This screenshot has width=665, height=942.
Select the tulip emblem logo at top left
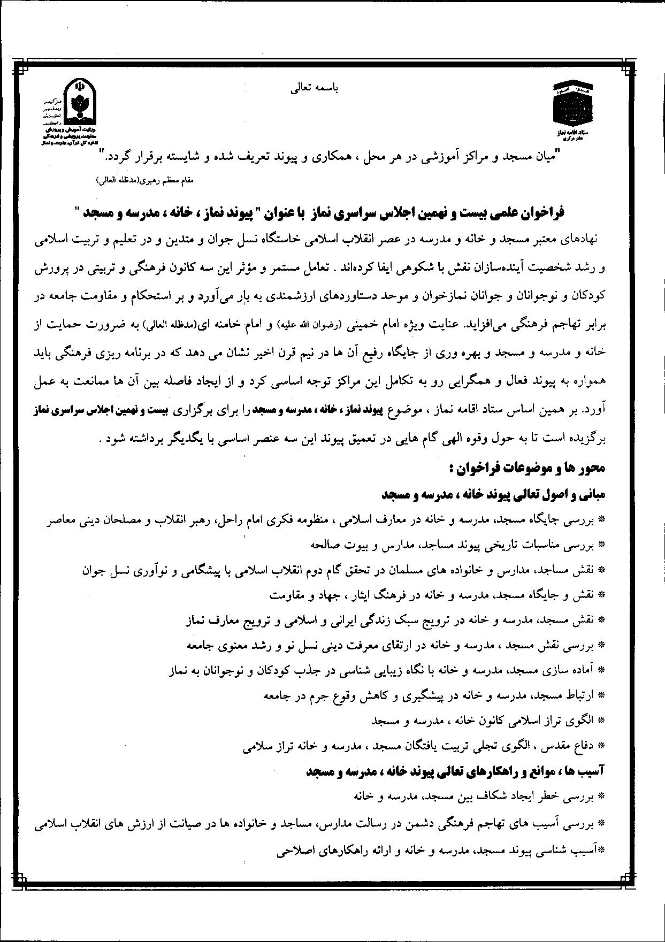[x=78, y=101]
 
